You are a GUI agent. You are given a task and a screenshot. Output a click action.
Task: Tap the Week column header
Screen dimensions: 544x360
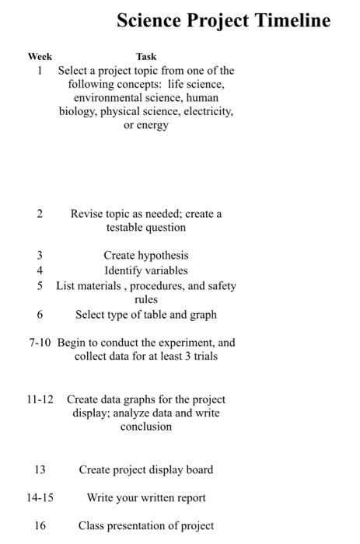(40, 56)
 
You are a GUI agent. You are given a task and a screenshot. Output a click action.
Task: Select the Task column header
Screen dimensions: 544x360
(145, 56)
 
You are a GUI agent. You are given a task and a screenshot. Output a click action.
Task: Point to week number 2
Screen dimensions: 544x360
(40, 214)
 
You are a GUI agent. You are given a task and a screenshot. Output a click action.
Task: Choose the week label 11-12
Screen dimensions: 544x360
(40, 399)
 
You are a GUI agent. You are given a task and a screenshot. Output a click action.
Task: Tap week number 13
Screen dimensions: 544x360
(40, 469)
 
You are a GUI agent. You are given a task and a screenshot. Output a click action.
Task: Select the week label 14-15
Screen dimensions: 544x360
(40, 497)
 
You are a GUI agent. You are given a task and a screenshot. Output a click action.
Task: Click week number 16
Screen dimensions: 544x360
(40, 525)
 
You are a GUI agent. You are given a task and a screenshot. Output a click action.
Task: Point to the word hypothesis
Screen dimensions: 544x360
(162, 256)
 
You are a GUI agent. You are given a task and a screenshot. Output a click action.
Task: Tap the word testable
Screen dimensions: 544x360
(127, 228)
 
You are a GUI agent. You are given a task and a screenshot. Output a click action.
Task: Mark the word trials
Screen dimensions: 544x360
(201, 357)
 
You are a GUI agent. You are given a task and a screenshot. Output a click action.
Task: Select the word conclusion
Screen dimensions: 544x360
(145, 427)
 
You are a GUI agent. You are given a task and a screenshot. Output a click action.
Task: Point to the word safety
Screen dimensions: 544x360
(219, 286)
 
